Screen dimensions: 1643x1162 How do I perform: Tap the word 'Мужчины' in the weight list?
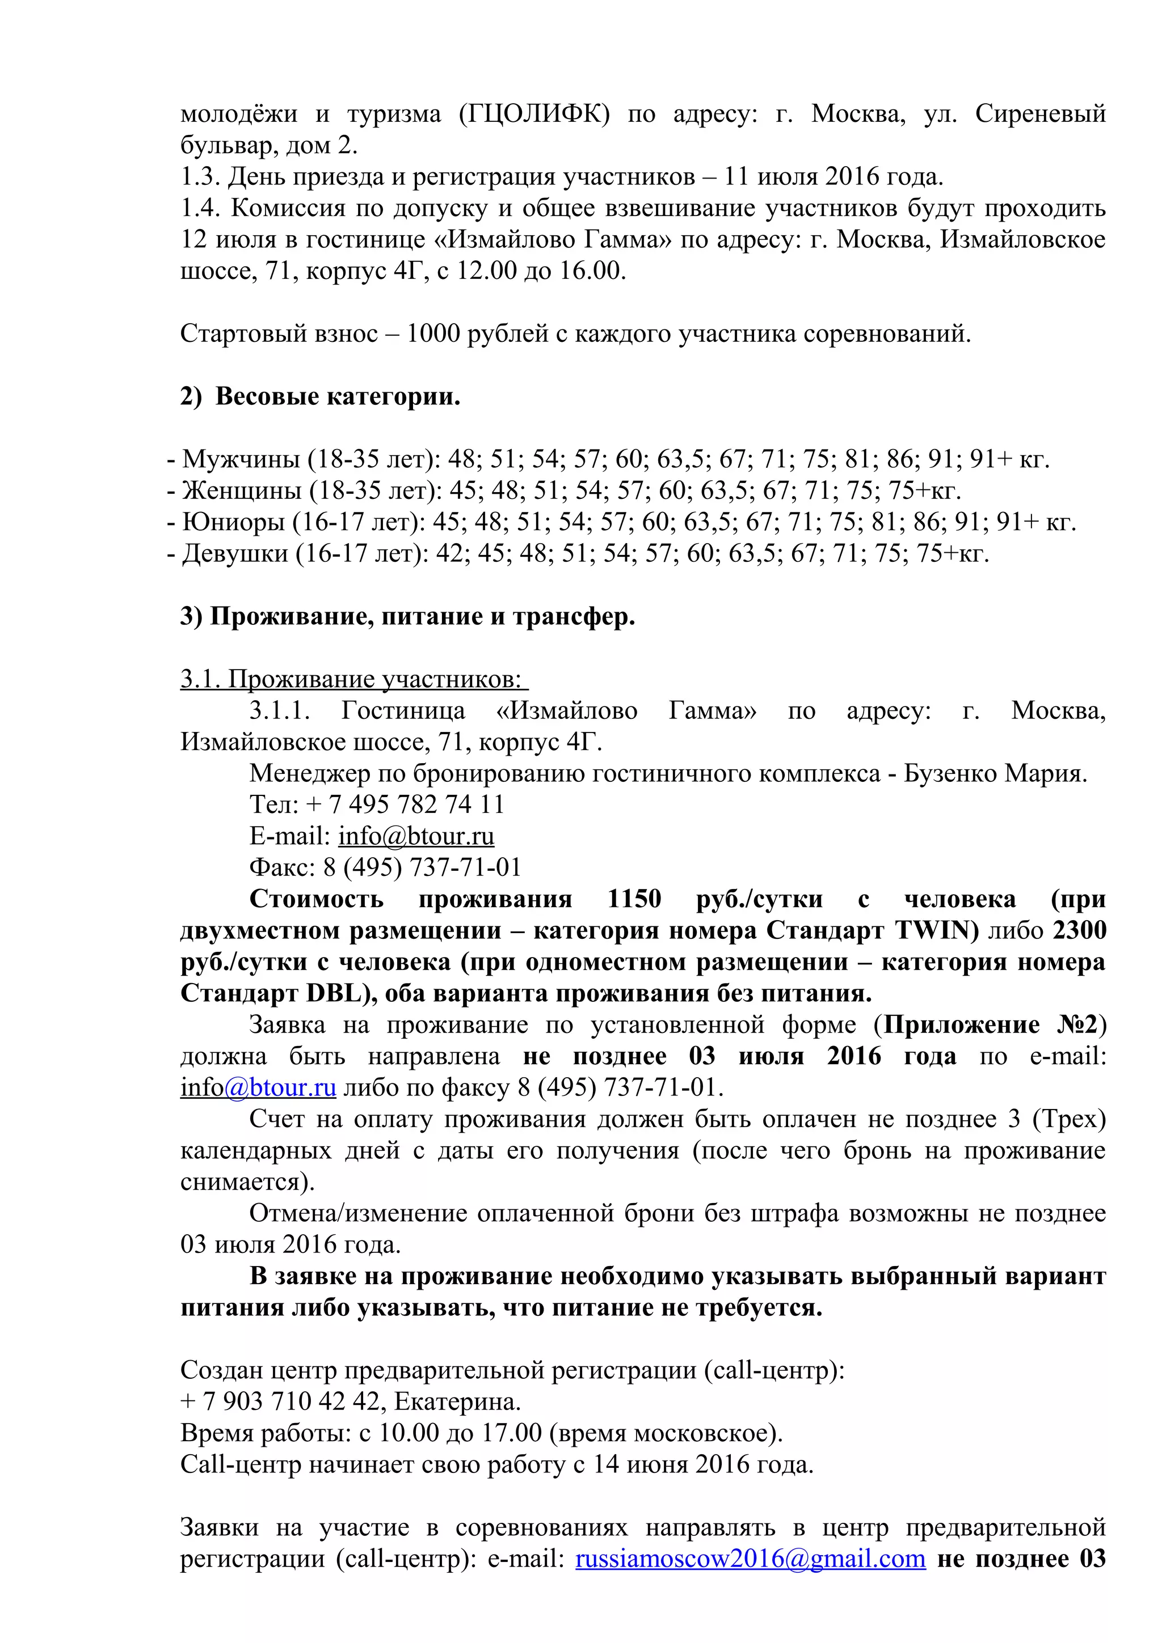point(241,459)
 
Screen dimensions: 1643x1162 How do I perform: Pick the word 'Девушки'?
point(235,553)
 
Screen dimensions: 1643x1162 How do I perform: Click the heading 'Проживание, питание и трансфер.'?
point(422,617)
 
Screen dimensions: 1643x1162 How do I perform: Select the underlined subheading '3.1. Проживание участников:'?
point(353,679)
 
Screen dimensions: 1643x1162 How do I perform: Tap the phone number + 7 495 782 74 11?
point(405,804)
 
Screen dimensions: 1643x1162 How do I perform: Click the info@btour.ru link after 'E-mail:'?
point(416,836)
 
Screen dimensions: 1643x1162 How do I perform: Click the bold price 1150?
point(634,899)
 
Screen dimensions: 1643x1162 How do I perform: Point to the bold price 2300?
point(1080,930)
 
